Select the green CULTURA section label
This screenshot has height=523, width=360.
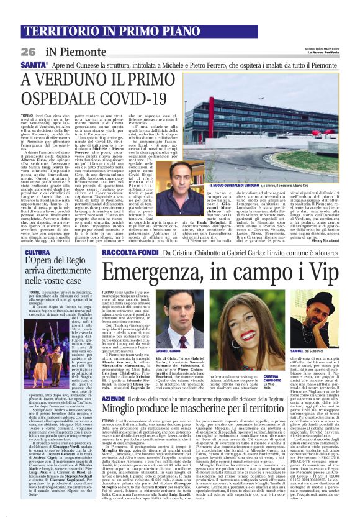37,253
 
